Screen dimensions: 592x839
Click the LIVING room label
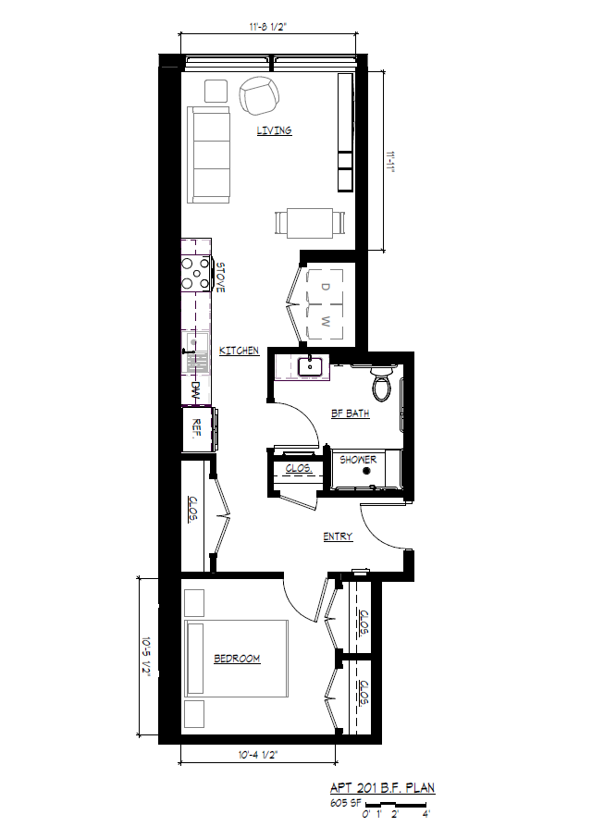click(274, 130)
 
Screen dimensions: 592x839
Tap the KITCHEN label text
click(240, 351)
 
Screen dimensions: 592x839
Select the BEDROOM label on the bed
click(237, 658)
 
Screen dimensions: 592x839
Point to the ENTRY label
click(338, 537)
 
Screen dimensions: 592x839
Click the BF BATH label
click(351, 413)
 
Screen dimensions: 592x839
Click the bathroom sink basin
click(310, 367)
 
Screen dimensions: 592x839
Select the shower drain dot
click(366, 471)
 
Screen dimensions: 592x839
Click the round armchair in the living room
click(259, 95)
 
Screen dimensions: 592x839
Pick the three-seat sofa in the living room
click(209, 154)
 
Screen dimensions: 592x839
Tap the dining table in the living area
click(310, 223)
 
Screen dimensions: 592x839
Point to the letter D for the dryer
click(326, 287)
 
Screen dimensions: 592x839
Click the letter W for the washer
click(326, 322)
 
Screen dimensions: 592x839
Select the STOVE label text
click(220, 278)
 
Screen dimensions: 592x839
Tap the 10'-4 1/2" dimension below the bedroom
click(258, 755)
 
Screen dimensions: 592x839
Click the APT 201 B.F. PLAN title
click(383, 787)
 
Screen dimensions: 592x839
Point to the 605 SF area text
click(346, 803)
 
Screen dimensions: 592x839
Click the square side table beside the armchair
click(216, 91)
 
